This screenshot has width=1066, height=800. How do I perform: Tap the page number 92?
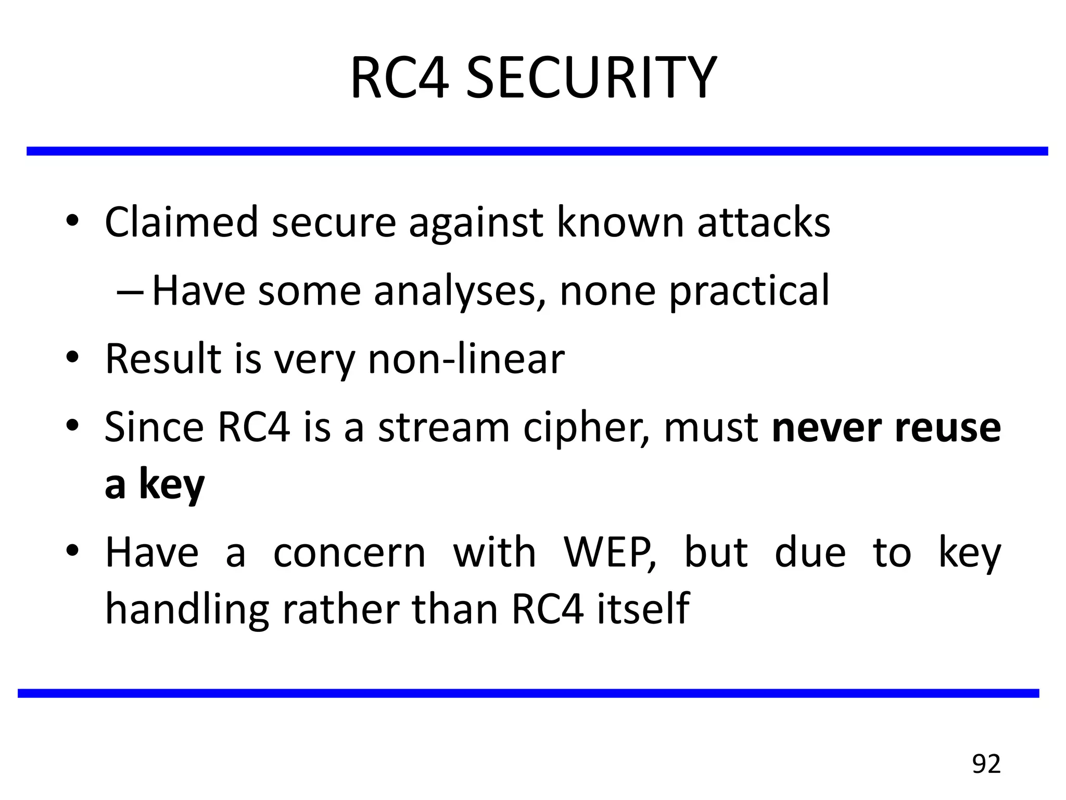click(986, 764)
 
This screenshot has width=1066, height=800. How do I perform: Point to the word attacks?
click(763, 223)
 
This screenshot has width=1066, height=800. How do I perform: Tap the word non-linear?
click(466, 359)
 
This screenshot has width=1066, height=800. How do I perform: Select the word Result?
click(163, 359)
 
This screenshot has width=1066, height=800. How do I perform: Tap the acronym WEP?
click(610, 553)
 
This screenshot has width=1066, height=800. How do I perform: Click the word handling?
click(187, 609)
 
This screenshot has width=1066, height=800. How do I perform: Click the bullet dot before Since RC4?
click(72, 426)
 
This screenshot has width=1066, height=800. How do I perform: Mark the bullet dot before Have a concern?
click(72, 551)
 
